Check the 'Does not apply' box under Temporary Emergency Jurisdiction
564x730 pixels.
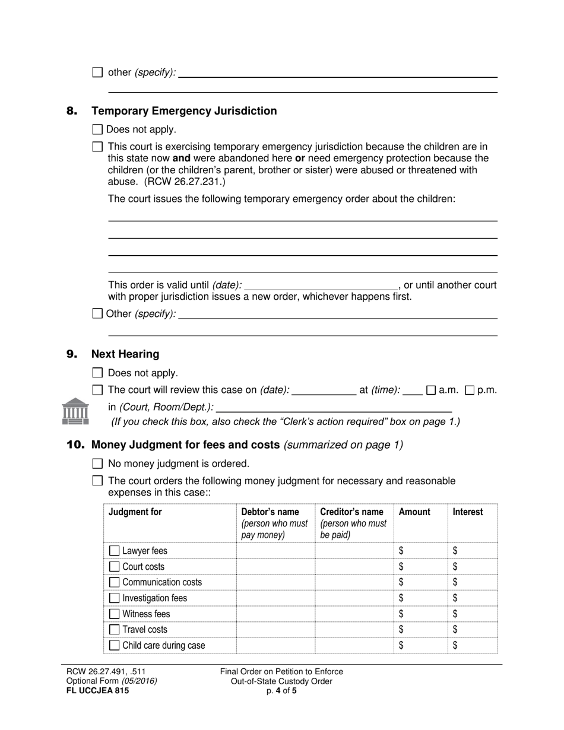pyautogui.click(x=98, y=129)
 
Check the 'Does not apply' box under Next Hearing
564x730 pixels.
pyautogui.click(x=98, y=373)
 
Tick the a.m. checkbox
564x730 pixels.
pyautogui.click(x=432, y=390)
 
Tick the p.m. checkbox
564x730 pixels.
pyautogui.click(x=470, y=390)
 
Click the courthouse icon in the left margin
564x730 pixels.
pyautogui.click(x=75, y=411)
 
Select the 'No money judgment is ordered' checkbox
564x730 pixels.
pyautogui.click(x=98, y=464)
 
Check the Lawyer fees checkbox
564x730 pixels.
pyautogui.click(x=115, y=551)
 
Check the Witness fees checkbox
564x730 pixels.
pyautogui.click(x=115, y=614)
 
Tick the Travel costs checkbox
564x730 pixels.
pyautogui.click(x=115, y=630)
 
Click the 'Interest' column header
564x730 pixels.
pyautogui.click(x=468, y=512)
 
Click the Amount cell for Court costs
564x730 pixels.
pyautogui.click(x=420, y=567)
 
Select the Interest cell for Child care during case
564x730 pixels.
pyautogui.click(x=473, y=645)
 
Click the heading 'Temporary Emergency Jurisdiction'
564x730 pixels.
pyautogui.click(x=184, y=111)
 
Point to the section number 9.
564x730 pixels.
pyautogui.click(x=72, y=354)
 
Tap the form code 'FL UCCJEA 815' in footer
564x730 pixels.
pyautogui.click(x=97, y=690)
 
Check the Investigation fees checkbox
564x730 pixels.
pyautogui.click(x=115, y=598)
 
